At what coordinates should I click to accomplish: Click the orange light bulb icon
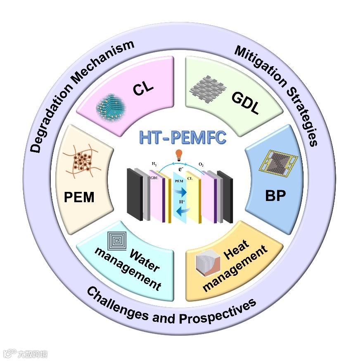[179, 155]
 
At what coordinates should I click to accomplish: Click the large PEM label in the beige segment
[79, 197]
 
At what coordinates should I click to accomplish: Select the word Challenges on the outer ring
[118, 306]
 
